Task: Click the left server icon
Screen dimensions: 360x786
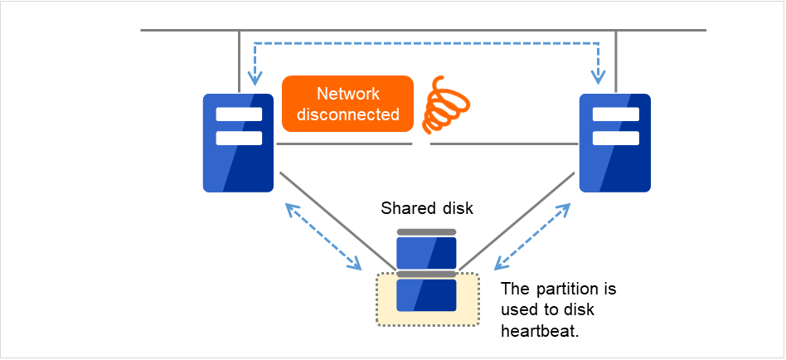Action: point(239,143)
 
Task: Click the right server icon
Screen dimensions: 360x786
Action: point(614,143)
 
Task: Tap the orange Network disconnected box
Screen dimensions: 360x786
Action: point(347,104)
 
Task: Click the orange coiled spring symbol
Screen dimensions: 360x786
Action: point(444,105)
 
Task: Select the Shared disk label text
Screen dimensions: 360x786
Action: point(420,207)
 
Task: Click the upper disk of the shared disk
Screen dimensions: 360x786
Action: point(426,251)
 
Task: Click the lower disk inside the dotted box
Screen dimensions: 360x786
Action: point(426,294)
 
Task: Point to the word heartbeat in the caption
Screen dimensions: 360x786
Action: point(536,330)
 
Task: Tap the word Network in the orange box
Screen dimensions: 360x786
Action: point(347,94)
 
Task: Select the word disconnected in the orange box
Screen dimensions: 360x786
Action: point(347,114)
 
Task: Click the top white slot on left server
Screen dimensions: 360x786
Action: point(239,114)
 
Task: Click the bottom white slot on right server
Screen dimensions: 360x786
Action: point(614,138)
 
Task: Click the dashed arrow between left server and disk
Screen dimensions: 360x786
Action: point(324,237)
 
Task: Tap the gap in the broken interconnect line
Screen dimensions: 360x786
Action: point(422,144)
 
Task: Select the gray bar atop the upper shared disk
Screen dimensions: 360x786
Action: point(426,232)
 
